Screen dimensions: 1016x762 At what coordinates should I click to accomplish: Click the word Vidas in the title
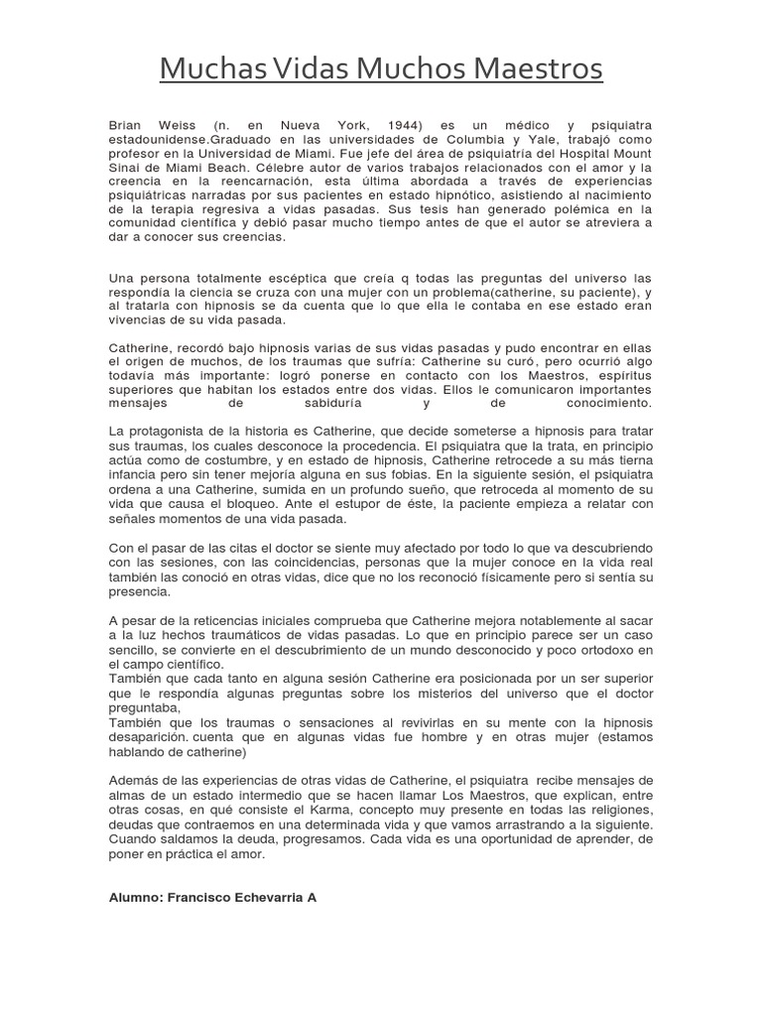289,69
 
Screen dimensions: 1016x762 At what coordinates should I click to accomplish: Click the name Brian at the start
126,127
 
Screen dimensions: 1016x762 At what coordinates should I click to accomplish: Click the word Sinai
125,169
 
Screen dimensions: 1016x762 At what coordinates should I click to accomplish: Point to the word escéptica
262,279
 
